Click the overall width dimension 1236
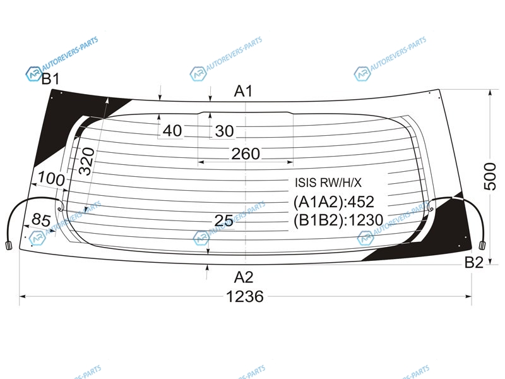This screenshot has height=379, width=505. tap(245, 296)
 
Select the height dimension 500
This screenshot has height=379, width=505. tap(490, 177)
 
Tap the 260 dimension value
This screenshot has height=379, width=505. tap(246, 153)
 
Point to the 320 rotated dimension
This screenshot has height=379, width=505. tap(87, 161)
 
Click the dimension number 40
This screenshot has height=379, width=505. tap(172, 131)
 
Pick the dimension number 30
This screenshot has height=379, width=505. tap(225, 131)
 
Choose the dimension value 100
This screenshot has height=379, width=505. tap(51, 178)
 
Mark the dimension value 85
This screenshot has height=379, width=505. tap(41, 220)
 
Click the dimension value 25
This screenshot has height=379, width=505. tap(224, 220)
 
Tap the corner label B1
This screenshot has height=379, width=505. tap(50, 78)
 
